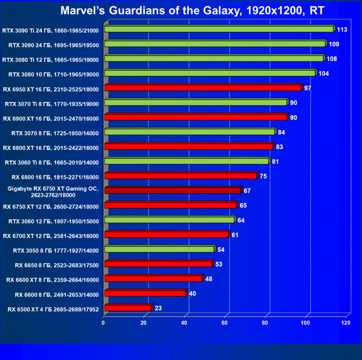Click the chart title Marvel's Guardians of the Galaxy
point(180,10)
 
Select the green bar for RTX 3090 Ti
point(219,29)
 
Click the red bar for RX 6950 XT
point(203,88)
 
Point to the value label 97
point(308,87)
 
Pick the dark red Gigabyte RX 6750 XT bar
point(172,191)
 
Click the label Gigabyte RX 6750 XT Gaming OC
point(52,191)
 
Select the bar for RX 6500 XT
point(127,308)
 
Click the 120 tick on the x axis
point(346,324)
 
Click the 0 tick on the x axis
point(104,324)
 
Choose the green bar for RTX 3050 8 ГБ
point(159,249)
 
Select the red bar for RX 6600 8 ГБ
point(145,294)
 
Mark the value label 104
point(323,73)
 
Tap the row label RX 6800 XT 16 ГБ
point(51,147)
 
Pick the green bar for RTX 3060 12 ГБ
point(169,220)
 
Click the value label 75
point(264,176)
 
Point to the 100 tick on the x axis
point(306,324)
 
